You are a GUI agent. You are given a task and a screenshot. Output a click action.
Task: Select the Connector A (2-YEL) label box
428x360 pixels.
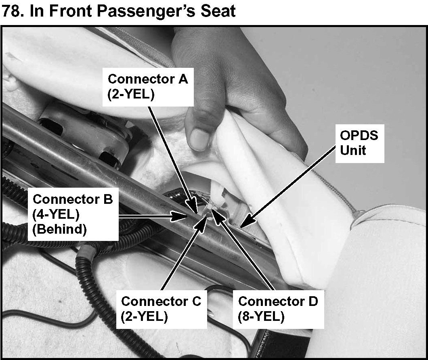click(148, 86)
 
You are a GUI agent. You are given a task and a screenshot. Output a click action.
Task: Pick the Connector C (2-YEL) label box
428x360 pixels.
click(161, 309)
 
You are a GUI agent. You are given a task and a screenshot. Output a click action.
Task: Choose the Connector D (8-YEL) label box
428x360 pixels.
click(278, 309)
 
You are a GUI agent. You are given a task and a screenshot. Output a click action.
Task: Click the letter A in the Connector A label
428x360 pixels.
click(183, 79)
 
